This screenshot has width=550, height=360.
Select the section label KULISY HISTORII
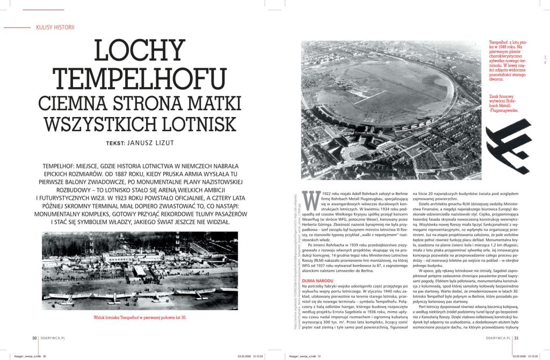click(x=55, y=27)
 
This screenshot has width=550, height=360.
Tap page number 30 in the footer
click(x=34, y=338)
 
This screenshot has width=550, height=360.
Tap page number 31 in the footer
click(x=517, y=338)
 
